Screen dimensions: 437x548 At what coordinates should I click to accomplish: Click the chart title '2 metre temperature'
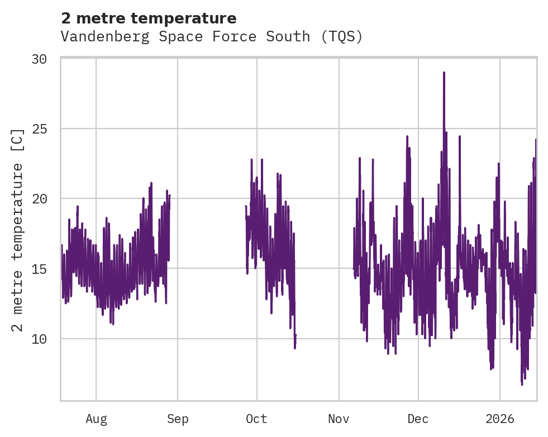[x=149, y=18]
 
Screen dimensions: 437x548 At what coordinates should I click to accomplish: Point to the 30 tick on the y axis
[x=45, y=59]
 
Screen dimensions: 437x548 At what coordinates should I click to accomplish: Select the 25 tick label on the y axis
[x=45, y=129]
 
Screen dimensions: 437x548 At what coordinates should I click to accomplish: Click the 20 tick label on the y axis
[x=45, y=198]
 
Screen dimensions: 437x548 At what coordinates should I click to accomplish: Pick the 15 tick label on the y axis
[x=45, y=268]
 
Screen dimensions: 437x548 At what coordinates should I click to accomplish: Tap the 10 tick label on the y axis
[x=45, y=339]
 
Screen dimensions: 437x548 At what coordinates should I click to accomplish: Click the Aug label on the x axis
[x=96, y=419]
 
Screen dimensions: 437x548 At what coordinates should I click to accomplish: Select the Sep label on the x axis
[x=178, y=419]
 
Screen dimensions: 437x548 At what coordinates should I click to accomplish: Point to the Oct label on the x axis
[x=257, y=419]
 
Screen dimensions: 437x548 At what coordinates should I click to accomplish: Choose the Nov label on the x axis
[x=339, y=419]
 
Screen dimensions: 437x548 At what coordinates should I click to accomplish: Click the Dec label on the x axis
[x=418, y=419]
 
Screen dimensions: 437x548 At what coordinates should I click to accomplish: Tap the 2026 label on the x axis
[x=500, y=419]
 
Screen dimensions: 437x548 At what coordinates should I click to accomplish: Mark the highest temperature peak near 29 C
[x=444, y=73]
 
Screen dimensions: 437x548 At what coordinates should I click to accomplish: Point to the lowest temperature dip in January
[x=522, y=384]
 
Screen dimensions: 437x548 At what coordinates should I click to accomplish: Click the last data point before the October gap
[x=296, y=335]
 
